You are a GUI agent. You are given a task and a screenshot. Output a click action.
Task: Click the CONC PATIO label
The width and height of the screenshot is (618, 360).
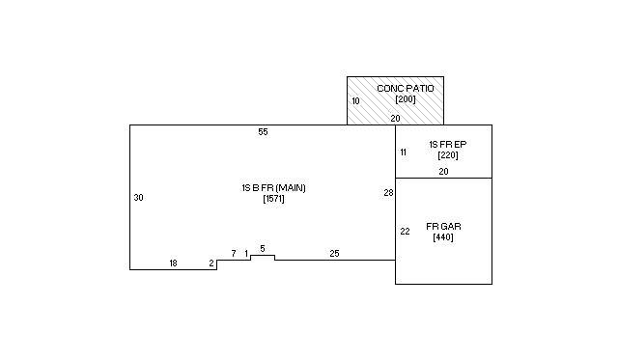click(x=406, y=88)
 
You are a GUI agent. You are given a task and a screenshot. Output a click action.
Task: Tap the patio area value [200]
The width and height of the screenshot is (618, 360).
click(x=406, y=98)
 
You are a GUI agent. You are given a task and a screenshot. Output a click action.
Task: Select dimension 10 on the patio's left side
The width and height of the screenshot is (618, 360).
click(x=355, y=101)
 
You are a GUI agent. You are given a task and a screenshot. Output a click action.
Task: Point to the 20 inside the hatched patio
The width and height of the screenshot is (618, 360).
click(x=395, y=118)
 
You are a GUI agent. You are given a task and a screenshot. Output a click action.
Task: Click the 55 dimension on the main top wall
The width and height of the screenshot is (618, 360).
click(x=263, y=132)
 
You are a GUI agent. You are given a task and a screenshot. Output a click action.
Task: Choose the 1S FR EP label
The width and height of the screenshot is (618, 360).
click(x=448, y=144)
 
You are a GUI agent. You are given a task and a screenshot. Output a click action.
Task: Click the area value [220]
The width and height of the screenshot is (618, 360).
click(x=448, y=155)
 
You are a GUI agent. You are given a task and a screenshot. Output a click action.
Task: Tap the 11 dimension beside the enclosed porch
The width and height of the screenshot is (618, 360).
click(x=404, y=152)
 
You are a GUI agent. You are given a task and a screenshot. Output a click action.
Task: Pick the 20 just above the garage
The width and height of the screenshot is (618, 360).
click(x=443, y=172)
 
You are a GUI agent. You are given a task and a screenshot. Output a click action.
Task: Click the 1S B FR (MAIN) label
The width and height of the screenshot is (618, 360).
click(x=273, y=188)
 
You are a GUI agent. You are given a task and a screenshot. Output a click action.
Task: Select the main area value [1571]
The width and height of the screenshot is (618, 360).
click(x=273, y=199)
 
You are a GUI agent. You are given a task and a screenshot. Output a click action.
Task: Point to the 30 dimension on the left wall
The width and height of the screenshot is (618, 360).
click(x=138, y=198)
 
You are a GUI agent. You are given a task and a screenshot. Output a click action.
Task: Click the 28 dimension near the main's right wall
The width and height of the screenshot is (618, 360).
click(x=388, y=193)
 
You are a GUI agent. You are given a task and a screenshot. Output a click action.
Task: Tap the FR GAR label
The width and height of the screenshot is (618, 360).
click(x=443, y=227)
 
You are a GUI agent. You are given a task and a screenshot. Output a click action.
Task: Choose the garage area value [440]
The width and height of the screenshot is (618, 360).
click(x=443, y=237)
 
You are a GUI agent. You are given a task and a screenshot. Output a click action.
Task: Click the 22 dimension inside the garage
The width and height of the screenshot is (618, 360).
click(x=405, y=232)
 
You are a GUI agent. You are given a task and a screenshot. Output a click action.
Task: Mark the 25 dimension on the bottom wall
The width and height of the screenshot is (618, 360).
click(x=334, y=254)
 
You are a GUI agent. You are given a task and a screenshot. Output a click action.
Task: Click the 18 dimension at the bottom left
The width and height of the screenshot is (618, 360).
click(x=173, y=263)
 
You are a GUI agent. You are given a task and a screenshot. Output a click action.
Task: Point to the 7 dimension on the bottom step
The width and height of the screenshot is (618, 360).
click(x=234, y=254)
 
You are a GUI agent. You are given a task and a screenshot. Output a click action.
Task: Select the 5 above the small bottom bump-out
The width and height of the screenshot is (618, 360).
click(x=263, y=249)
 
